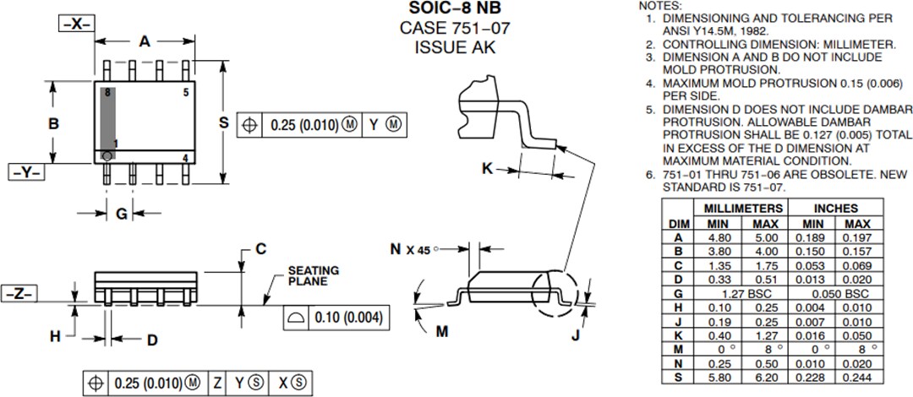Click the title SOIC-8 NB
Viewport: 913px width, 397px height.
click(456, 9)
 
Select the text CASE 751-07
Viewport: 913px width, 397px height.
click(456, 28)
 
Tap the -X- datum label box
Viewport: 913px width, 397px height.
click(76, 24)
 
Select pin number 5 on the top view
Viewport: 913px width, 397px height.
click(185, 93)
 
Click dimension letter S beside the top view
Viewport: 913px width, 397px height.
click(223, 123)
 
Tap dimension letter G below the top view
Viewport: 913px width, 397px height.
click(121, 215)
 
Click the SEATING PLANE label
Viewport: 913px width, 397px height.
click(313, 276)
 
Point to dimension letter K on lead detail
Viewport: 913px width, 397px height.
click(487, 168)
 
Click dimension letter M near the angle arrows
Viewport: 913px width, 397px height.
click(441, 331)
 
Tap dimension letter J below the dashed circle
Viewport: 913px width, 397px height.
click(576, 335)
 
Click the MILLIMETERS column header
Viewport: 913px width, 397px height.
click(738, 208)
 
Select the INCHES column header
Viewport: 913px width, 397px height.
click(835, 208)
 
